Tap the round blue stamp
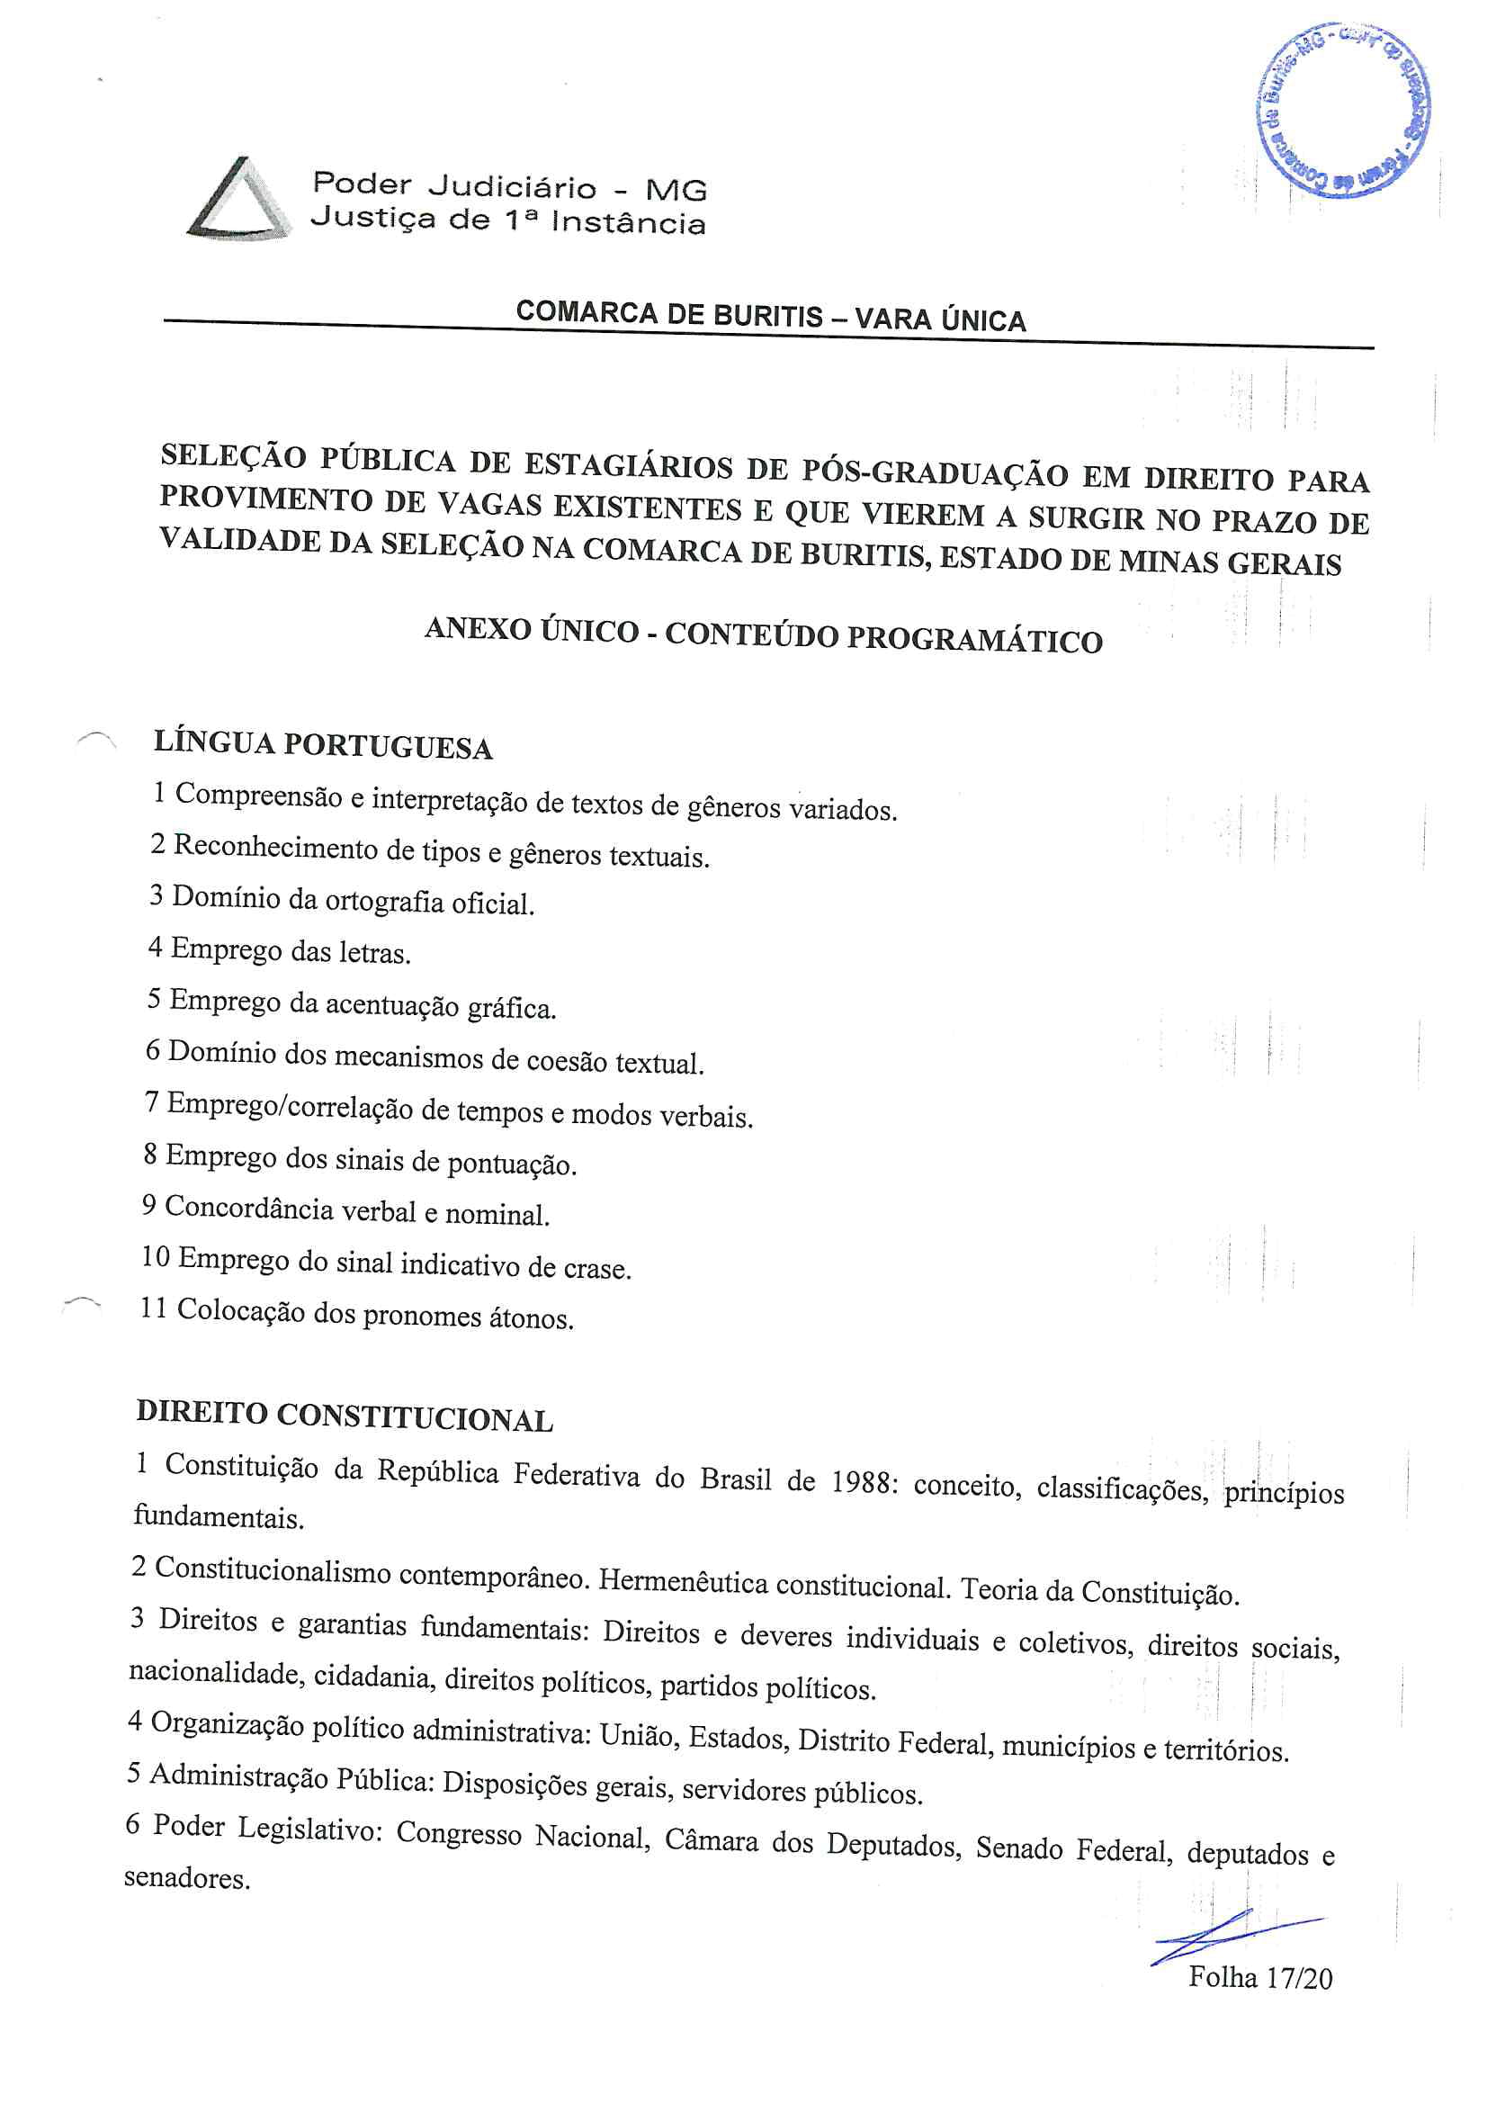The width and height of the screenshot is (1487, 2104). point(1343,109)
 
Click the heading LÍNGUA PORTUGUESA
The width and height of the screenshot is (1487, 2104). point(324,744)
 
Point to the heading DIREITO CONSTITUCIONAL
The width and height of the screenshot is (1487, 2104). point(345,1416)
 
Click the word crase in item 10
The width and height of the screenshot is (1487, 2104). point(596,1268)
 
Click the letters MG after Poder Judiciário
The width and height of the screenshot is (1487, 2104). point(676,191)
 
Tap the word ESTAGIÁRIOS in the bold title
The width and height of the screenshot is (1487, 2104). point(629,466)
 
